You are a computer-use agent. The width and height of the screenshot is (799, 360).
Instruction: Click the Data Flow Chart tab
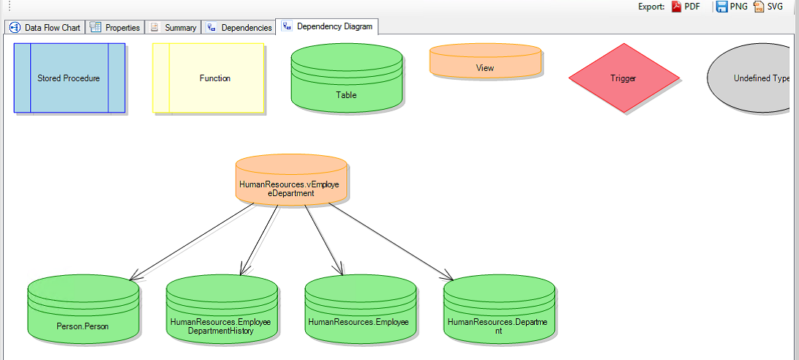(x=45, y=28)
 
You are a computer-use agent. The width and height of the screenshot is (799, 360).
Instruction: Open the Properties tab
(x=115, y=28)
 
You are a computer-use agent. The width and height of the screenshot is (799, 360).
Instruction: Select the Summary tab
(x=173, y=28)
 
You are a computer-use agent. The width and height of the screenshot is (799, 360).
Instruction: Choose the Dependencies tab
(x=239, y=28)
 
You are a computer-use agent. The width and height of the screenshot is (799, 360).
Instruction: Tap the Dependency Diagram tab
(x=327, y=26)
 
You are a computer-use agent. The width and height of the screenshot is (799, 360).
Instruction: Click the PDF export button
(x=687, y=7)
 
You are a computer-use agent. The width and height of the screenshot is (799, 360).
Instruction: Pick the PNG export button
(x=732, y=7)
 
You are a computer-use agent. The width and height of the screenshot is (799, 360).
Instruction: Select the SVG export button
(x=769, y=7)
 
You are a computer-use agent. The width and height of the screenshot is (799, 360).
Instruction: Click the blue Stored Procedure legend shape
(x=69, y=78)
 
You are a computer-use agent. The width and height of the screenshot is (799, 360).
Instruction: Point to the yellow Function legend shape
(x=209, y=78)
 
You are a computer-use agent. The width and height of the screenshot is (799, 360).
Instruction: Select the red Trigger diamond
(x=623, y=78)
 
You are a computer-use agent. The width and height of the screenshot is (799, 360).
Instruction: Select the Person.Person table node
(x=83, y=310)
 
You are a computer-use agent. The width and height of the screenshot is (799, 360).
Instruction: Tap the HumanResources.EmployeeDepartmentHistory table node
(x=221, y=310)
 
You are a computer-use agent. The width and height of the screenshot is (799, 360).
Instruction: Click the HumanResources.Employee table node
(x=359, y=310)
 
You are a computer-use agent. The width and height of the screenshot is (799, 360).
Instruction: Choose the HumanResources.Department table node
(x=498, y=310)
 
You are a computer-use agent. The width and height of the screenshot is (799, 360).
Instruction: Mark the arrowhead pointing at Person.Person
(x=132, y=279)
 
